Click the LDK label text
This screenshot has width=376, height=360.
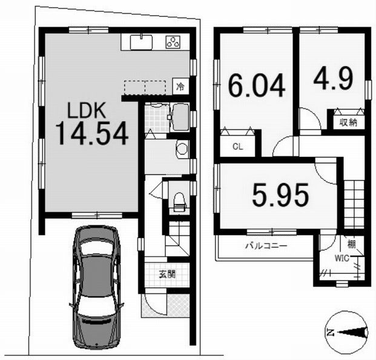point(87,110)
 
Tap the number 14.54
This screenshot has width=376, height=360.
point(92,133)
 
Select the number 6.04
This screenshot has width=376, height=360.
point(257,85)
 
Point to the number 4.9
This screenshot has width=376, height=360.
point(334,78)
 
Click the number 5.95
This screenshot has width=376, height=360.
point(280,195)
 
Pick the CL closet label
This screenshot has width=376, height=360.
point(237,147)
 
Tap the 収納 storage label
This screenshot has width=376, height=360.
point(348,122)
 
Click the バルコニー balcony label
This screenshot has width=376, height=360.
point(266,246)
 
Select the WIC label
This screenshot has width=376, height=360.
point(342,258)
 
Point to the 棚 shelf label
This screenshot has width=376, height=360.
point(352,244)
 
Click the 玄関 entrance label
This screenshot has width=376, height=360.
point(167,274)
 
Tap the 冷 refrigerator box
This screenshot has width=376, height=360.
point(181,87)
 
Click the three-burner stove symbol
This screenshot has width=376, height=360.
point(173,42)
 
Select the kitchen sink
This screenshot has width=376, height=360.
point(141,42)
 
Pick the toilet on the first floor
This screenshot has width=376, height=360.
point(179,202)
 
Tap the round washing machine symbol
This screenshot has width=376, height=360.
point(182,148)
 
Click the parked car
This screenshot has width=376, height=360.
point(96,287)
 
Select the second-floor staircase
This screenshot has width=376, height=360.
point(354,204)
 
